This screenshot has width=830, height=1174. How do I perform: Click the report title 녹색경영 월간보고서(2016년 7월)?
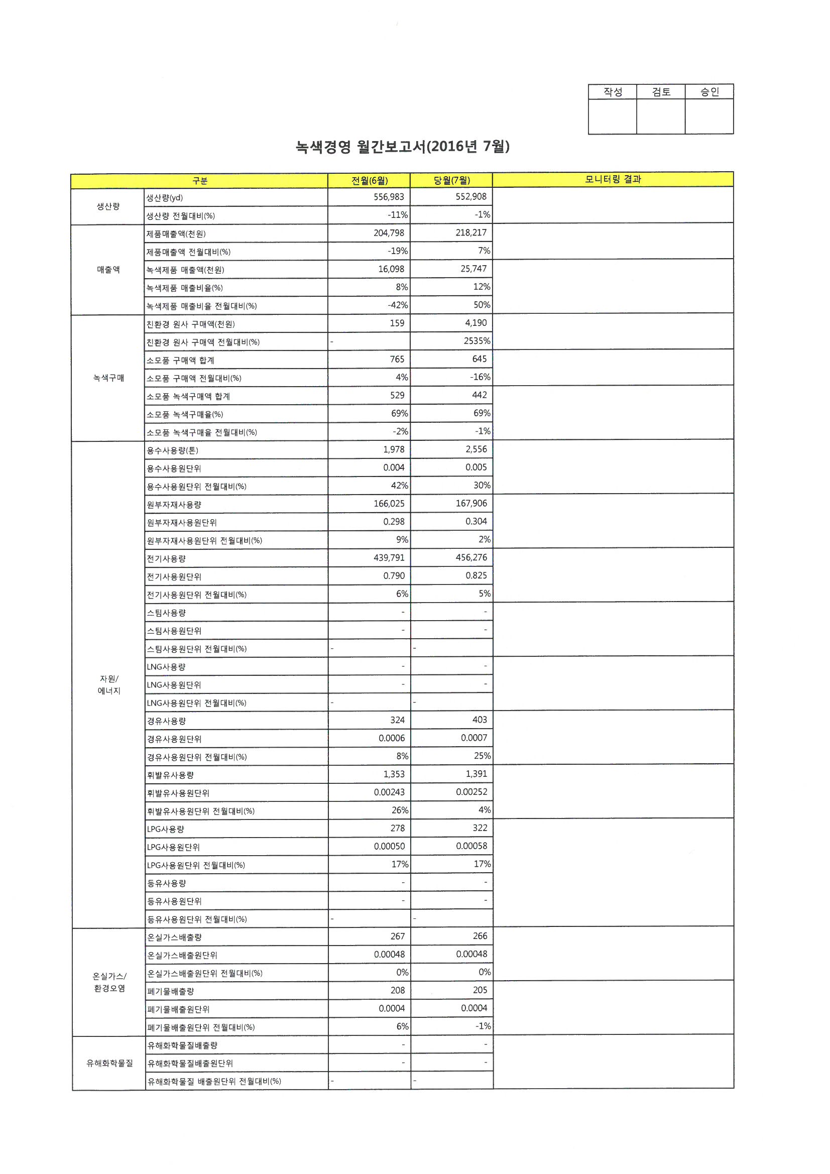tap(403, 147)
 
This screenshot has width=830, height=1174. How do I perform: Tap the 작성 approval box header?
tap(612, 92)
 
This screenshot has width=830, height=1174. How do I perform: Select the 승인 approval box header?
tap(709, 92)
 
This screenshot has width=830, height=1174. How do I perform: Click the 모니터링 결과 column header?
tap(613, 179)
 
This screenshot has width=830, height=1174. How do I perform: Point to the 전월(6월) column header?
tap(369, 180)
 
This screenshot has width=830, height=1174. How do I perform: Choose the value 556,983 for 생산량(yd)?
tap(389, 197)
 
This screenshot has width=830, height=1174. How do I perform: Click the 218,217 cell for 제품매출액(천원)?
tap(471, 232)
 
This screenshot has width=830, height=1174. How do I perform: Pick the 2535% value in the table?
tap(477, 341)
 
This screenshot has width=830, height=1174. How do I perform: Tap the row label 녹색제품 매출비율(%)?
tap(185, 288)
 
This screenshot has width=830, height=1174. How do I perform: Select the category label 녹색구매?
tap(108, 378)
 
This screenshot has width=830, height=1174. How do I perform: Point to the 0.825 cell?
tap(476, 576)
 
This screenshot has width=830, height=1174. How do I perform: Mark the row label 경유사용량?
tap(166, 721)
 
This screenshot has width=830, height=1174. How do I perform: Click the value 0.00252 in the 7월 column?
tap(471, 792)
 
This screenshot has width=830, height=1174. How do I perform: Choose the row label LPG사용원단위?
tap(173, 847)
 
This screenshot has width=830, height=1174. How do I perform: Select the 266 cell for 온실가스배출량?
tap(480, 936)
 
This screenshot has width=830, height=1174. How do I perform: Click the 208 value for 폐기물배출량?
tap(397, 990)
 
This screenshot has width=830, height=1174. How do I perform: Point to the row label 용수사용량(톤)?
tap(172, 450)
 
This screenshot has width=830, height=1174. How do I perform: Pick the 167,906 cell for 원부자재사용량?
tap(471, 504)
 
